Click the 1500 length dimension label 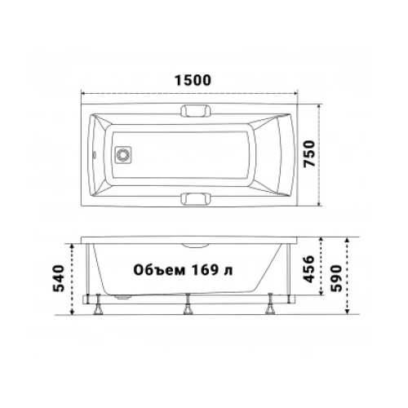tap(193, 80)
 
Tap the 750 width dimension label tap(309, 153)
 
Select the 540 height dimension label tap(59, 278)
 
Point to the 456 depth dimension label tap(308, 269)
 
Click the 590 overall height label tap(336, 278)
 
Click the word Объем tap(159, 270)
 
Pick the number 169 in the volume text tap(206, 270)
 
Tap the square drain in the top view tap(123, 155)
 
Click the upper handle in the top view tap(196, 111)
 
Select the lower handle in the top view tap(196, 198)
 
